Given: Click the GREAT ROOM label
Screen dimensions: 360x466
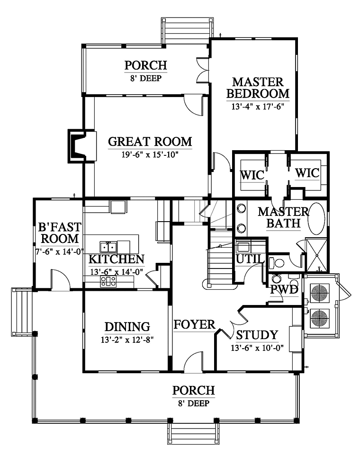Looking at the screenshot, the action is click(150, 142).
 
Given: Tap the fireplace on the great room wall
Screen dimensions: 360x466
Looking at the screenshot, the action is click(82, 146).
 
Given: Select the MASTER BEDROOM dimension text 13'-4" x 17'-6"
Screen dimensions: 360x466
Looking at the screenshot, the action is click(258, 107).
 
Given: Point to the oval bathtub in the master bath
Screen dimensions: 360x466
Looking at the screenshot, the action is click(316, 219).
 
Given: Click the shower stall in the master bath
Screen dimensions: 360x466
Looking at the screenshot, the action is click(317, 255).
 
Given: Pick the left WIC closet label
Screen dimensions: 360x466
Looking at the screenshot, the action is click(252, 175).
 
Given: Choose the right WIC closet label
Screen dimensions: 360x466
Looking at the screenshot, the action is click(307, 173).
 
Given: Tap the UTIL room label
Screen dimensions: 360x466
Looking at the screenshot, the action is click(250, 259).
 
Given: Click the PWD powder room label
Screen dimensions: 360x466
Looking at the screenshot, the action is click(284, 289).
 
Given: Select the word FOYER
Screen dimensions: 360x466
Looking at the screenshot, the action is click(194, 324).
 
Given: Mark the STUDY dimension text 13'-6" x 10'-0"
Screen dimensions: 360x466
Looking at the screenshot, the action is click(257, 348).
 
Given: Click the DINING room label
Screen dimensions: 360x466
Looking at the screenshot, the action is click(127, 327).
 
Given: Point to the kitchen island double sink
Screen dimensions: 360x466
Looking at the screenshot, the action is click(108, 247).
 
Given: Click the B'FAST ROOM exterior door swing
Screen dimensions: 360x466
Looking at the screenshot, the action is click(61, 279).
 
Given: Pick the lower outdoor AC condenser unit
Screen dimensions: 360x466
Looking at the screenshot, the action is click(320, 319).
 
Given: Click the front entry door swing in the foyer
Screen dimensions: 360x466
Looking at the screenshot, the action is click(194, 361).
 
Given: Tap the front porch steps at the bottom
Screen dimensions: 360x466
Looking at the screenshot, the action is click(193, 433).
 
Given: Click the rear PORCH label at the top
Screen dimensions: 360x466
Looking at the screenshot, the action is click(146, 65).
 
